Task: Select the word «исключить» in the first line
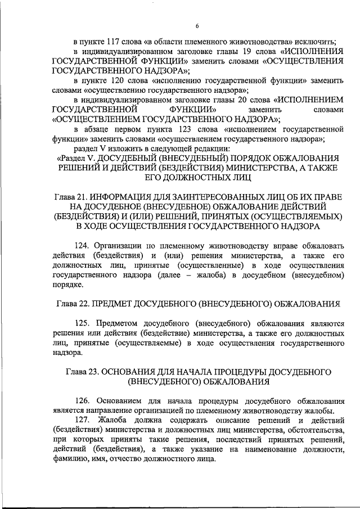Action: tap(315, 42)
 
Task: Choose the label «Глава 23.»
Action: tap(84, 372)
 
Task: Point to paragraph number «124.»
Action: tap(83, 245)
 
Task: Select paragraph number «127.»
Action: tap(83, 420)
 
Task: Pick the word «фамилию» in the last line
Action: tap(70, 459)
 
